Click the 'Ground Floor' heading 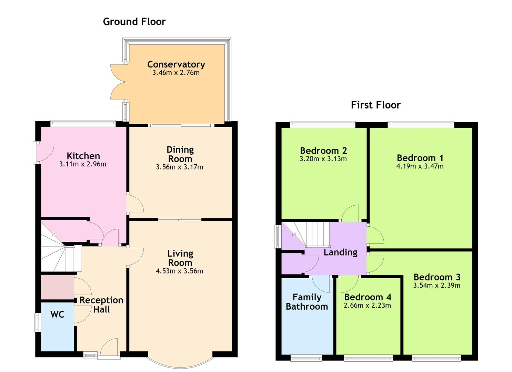134,22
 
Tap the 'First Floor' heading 375,105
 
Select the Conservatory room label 176,64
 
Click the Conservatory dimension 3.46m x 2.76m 176,73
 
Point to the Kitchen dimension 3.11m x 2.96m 83,164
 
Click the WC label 57,314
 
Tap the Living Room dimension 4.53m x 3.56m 179,271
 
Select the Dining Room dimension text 179,167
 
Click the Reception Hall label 101,305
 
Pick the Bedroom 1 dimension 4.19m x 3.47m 420,166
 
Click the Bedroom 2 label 323,151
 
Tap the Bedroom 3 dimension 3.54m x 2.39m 436,286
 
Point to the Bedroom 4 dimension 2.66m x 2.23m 367,306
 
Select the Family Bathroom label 307,302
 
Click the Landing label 340,252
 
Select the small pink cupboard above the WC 57,287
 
